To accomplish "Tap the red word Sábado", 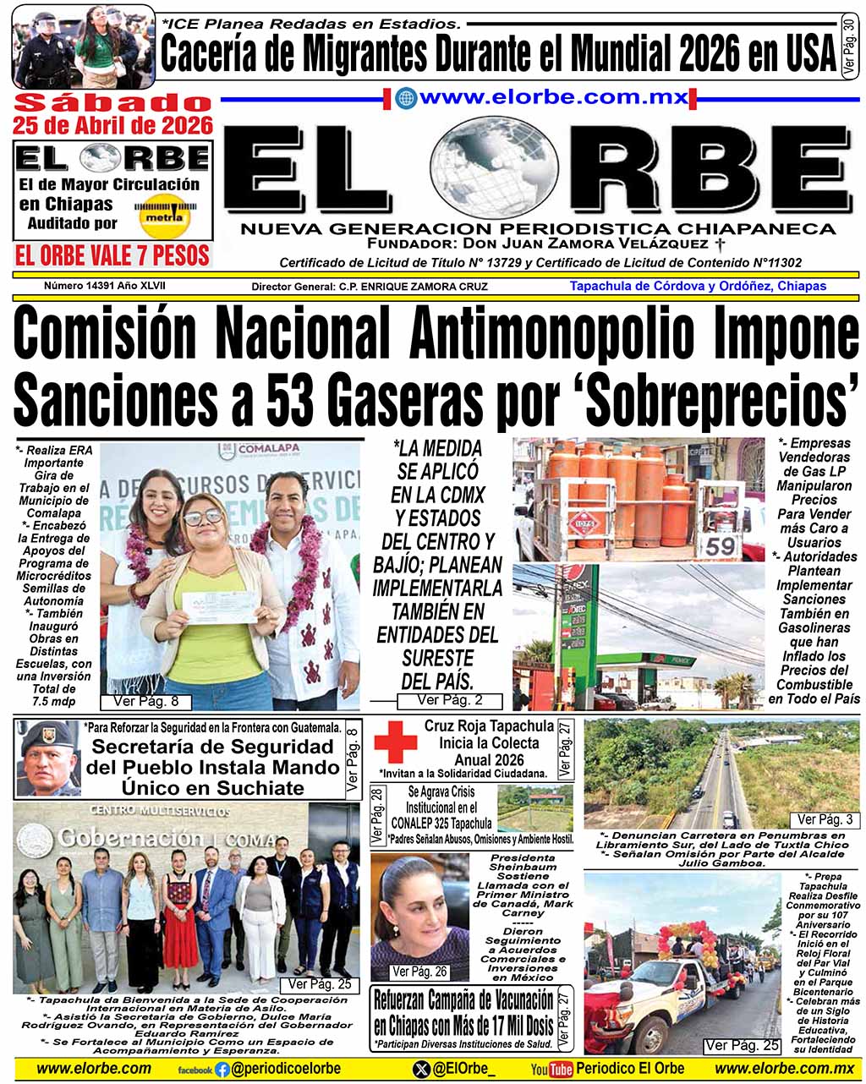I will (x=112, y=104).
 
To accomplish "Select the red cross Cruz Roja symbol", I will (x=396, y=743).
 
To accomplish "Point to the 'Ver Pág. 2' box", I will (x=450, y=700).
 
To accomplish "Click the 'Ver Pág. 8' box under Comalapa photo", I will (x=145, y=701).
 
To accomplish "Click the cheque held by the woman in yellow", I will (x=224, y=605).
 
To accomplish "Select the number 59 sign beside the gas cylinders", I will (x=721, y=545).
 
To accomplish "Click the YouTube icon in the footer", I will (x=551, y=1070).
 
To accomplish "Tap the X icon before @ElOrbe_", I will (x=421, y=1069).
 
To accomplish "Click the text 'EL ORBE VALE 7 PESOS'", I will (x=112, y=255).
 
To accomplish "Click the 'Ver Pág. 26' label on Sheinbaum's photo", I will (x=419, y=972).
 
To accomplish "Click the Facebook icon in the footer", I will (x=222, y=1069).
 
